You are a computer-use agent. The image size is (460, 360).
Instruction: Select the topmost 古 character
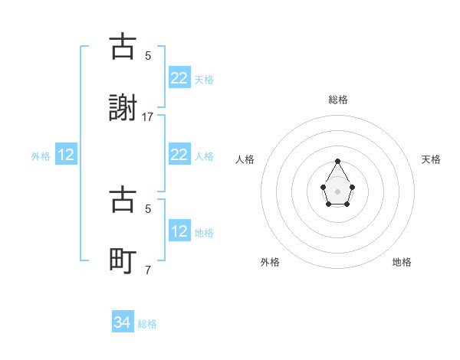123,47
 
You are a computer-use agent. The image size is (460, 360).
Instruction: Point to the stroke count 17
148,117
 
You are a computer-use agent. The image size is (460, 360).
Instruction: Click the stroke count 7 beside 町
148,270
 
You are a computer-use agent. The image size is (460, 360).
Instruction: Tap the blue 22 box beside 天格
179,78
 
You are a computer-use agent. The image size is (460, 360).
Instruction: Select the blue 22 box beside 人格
179,155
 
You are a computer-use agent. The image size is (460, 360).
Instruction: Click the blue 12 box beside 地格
179,231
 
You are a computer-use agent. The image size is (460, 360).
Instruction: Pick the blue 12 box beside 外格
66,155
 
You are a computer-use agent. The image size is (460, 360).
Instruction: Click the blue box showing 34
123,323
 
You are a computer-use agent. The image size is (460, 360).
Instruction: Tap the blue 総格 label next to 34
147,324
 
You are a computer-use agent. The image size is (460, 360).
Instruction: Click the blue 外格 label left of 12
41,155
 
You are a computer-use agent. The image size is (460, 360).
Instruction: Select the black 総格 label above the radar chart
337,100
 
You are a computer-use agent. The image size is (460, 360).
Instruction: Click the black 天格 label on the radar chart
431,159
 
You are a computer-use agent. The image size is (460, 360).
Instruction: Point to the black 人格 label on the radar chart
245,159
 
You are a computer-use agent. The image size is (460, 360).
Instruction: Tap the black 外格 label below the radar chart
270,262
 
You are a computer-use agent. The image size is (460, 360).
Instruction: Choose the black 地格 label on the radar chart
402,262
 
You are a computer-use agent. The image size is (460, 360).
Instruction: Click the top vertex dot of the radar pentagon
337,161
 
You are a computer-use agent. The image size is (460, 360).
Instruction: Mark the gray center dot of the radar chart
337,190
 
